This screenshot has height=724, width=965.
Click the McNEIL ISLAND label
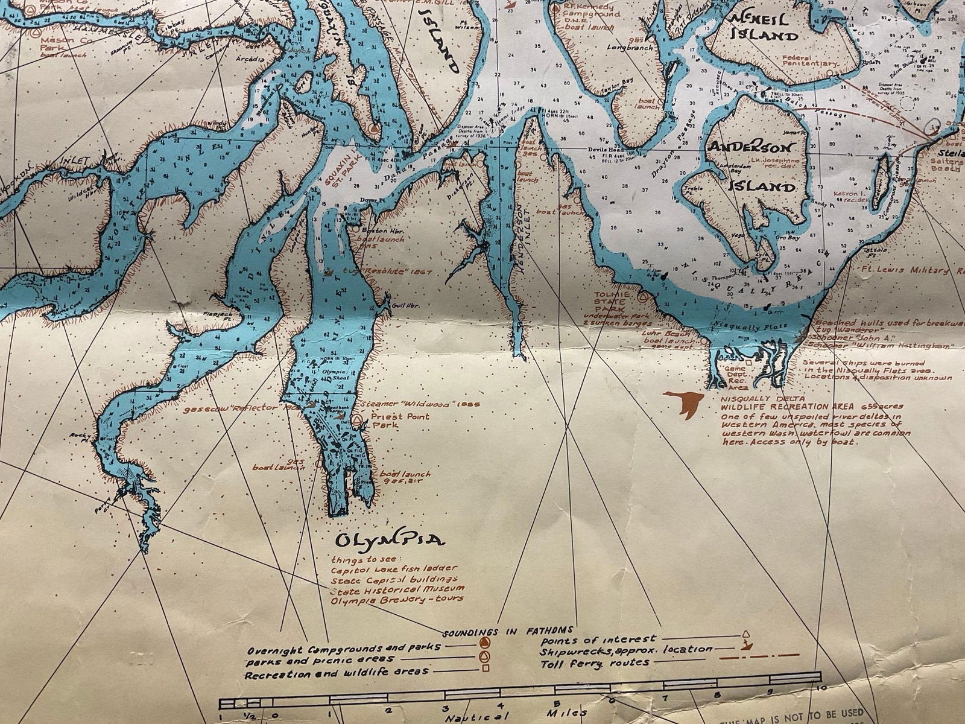764,27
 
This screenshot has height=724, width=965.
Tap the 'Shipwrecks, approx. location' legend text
626,650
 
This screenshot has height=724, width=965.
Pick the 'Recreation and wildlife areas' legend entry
337,672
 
